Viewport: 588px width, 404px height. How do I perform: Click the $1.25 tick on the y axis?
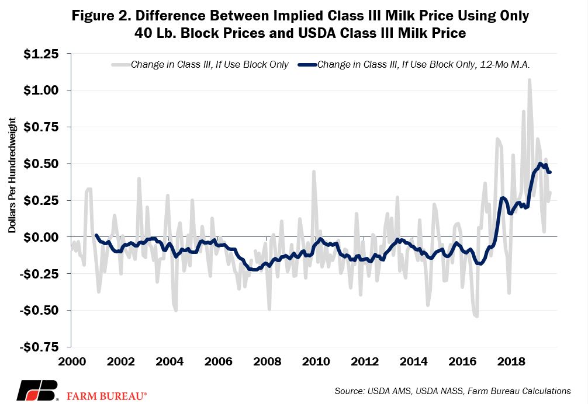41,54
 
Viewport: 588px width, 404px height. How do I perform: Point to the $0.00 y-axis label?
41,237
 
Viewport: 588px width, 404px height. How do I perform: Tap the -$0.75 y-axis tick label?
39,347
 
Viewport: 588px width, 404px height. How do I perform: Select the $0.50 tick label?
41,164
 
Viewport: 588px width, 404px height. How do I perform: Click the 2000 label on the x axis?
72,361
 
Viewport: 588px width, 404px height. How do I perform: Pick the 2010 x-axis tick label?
316,361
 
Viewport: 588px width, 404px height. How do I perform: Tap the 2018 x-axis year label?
511,361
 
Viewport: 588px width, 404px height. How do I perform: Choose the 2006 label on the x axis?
218,361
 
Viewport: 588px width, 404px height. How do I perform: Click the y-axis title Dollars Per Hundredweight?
12,175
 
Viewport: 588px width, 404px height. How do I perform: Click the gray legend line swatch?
121,64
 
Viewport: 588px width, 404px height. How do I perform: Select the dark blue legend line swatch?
307,64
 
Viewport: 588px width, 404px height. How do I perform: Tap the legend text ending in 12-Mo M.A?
423,64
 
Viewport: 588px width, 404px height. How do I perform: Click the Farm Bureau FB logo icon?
37,391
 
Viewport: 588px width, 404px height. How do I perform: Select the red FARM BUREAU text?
107,396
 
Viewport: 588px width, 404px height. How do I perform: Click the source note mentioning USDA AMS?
452,391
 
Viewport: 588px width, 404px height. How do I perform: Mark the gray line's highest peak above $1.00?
529,79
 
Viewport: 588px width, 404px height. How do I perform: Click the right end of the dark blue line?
550,172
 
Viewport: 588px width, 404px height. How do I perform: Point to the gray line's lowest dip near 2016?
476,316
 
